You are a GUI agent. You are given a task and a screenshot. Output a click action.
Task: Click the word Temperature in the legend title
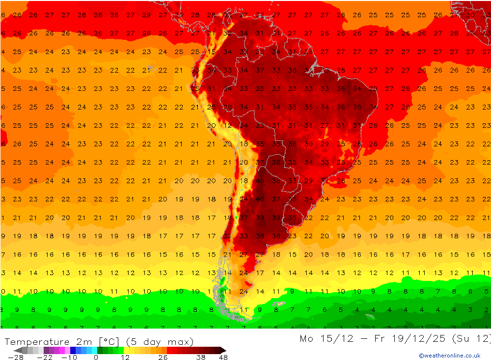37,342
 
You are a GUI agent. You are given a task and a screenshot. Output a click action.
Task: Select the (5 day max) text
160,342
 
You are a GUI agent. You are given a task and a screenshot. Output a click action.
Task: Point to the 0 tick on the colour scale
96,358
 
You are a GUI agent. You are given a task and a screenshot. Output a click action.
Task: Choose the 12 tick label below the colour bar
125,358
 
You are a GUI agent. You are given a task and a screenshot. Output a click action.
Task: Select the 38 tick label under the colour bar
201,358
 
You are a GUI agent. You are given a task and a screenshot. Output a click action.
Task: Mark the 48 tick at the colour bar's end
223,358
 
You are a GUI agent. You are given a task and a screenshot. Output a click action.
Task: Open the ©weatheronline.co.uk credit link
449,356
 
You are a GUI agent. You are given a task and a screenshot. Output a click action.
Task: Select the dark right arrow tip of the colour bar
223,350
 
